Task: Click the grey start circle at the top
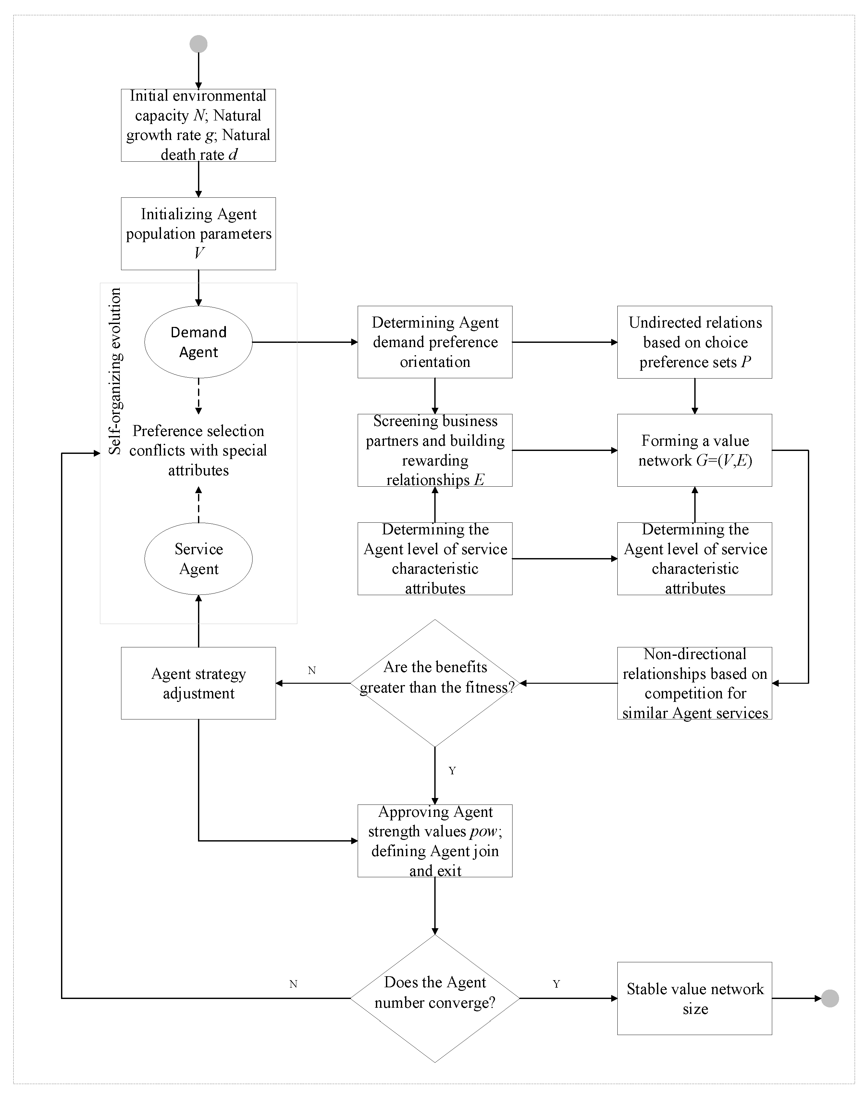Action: (198, 44)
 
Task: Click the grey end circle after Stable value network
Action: (830, 998)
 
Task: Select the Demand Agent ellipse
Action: (198, 342)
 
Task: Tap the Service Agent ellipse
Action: (198, 558)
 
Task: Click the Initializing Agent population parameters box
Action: (198, 233)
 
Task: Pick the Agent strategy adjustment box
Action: (198, 683)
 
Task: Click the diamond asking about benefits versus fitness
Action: (435, 683)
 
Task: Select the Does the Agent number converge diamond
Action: (435, 998)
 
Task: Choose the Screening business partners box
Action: (435, 450)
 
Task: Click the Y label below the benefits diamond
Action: (452, 771)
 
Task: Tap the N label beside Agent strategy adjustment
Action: (312, 670)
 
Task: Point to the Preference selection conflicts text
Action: (198, 450)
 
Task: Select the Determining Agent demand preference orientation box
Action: (435, 342)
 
